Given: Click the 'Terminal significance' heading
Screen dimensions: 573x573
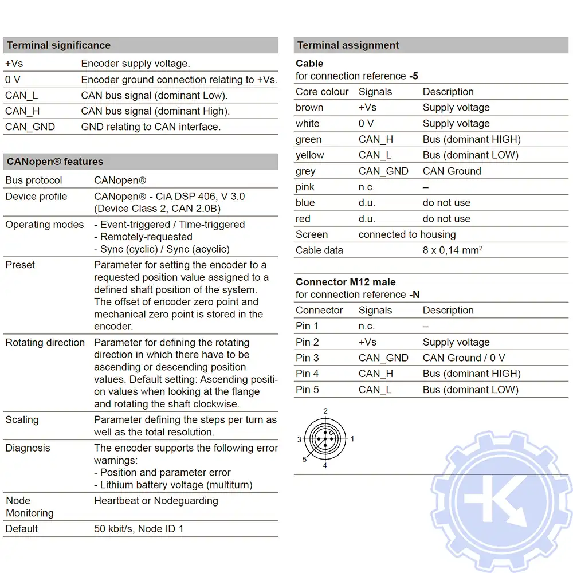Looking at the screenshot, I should tap(58, 45).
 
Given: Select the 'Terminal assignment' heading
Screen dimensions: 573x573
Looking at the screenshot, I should tap(348, 45).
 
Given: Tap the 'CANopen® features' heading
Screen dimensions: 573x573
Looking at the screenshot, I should tap(55, 162).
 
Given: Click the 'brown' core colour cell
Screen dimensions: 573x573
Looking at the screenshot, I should tap(309, 108).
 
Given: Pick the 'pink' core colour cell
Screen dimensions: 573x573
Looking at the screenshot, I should tap(305, 187).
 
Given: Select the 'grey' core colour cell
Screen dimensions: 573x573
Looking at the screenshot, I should tap(305, 171).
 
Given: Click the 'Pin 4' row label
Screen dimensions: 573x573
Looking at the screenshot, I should tap(307, 374).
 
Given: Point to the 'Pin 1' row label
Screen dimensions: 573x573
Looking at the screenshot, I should tap(307, 326).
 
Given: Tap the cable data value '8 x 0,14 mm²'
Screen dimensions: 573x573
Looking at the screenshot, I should tap(452, 250).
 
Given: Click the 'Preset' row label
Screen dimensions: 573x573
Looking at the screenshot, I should tap(20, 265).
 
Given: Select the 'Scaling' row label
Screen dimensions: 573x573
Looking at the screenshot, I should tap(22, 419).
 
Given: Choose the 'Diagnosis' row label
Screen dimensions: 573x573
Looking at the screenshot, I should tap(28, 448).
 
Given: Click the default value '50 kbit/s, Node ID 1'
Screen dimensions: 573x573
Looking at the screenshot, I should tap(139, 529).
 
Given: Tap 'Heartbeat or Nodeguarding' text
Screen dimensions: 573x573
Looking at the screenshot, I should tap(156, 501).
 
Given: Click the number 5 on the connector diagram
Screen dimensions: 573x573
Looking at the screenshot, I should tap(304, 460).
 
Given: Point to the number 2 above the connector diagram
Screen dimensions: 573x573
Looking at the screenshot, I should tap(325, 411).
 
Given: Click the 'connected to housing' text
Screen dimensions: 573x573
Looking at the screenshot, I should tap(407, 234).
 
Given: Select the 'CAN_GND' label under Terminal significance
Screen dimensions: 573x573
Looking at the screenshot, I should tap(30, 127).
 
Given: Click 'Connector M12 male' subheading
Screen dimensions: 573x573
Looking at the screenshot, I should tap(346, 282).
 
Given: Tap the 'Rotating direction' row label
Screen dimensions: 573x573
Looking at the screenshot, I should tap(45, 343).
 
